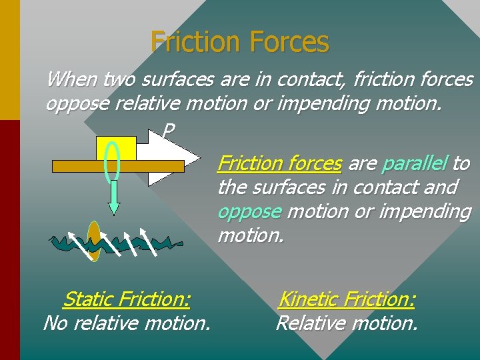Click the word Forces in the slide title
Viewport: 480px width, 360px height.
[289, 43]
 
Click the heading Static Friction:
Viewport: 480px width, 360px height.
[127, 300]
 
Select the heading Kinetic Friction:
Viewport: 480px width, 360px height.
[346, 300]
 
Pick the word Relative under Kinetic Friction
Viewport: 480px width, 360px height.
[309, 324]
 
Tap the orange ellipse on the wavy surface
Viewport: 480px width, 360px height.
[94, 242]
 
